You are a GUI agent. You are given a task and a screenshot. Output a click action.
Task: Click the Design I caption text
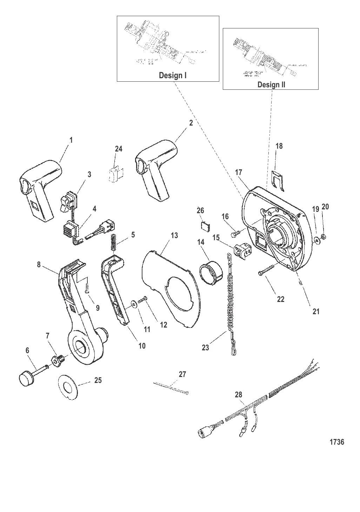tap(173, 75)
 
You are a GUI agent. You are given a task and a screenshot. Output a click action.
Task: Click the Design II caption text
tap(271, 85)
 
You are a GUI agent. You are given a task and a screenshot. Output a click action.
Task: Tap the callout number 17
tap(239, 172)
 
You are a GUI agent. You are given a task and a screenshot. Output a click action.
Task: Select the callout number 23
tap(205, 348)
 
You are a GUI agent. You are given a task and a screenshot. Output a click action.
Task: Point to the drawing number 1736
tap(337, 442)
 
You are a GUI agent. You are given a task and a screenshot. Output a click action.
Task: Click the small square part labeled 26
tap(204, 226)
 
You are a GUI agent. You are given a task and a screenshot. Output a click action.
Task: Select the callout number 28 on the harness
tap(239, 395)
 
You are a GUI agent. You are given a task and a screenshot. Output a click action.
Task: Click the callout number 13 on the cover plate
tap(174, 235)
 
